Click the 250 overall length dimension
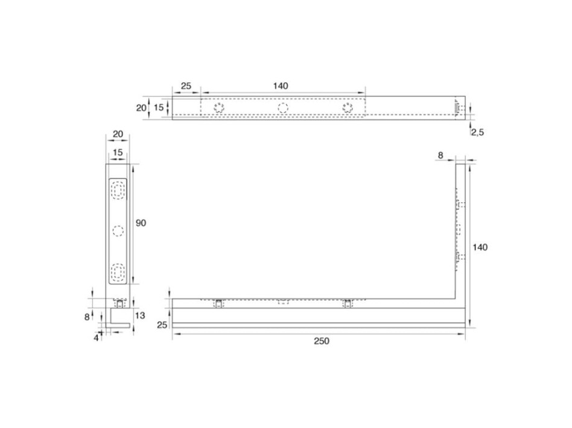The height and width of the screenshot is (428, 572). click(322, 341)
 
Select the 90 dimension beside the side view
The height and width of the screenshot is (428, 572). click(141, 223)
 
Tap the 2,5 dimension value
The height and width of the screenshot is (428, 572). click(477, 133)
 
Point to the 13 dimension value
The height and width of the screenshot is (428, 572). click(140, 315)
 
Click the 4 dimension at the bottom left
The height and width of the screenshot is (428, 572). click(97, 338)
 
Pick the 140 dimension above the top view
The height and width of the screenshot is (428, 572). click(280, 86)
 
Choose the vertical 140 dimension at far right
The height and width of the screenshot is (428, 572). click(480, 247)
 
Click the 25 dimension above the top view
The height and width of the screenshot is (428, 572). click(186, 86)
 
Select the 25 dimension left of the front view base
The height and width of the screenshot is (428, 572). click(162, 324)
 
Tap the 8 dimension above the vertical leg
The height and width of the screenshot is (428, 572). click(440, 156)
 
